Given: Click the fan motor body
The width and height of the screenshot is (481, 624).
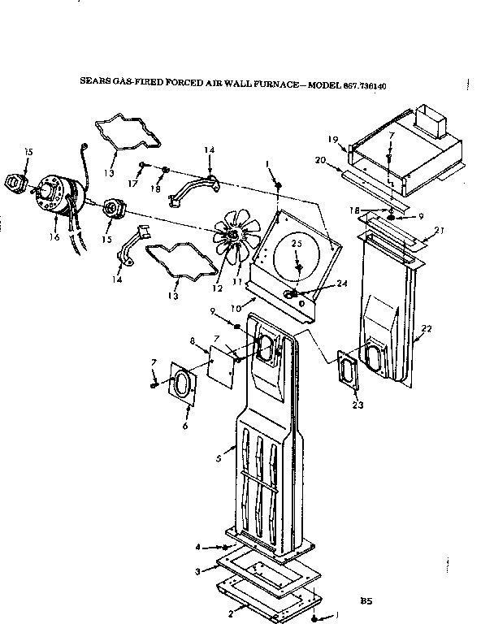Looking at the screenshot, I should coord(59,193).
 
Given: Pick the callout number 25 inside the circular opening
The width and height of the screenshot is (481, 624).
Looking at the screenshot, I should coord(298,243).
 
